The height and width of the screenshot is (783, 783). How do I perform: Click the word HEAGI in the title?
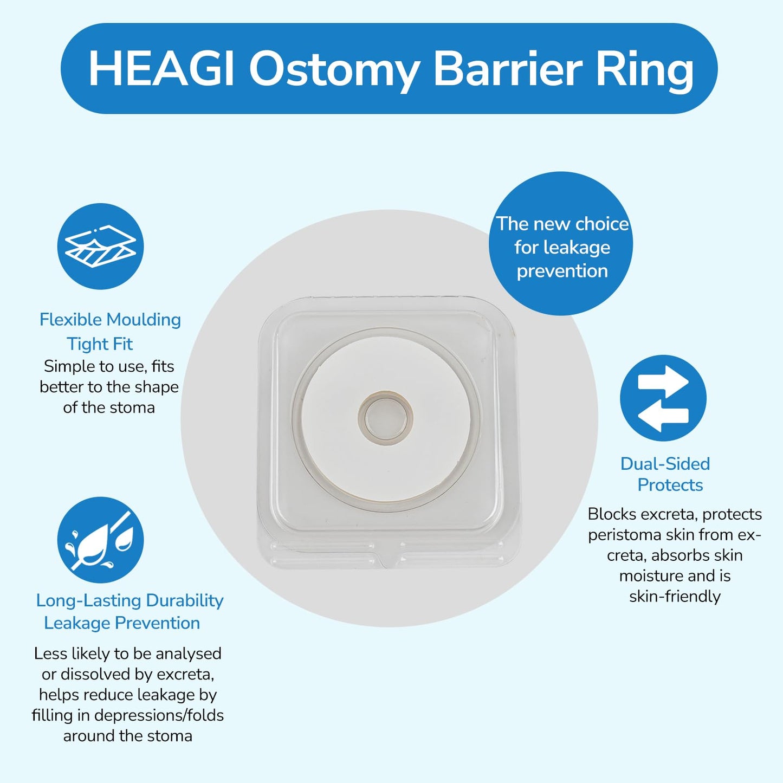(160, 69)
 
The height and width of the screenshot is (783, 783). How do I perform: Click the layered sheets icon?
(100, 247)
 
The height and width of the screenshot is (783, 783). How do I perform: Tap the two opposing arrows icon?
(663, 398)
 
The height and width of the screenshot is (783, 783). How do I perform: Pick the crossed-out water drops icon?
(100, 540)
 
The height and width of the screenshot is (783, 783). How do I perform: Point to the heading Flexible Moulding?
(110, 320)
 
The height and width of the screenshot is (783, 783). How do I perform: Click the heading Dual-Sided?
(665, 464)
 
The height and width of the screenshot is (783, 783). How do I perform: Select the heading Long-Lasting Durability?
(130, 600)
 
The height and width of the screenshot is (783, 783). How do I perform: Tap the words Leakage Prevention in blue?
(122, 623)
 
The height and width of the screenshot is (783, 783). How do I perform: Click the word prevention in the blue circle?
(562, 271)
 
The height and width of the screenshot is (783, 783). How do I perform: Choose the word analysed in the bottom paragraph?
(189, 653)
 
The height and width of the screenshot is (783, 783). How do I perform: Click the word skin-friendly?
(675, 597)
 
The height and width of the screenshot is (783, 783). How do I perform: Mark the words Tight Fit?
(100, 344)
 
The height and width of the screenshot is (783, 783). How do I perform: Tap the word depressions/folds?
(159, 715)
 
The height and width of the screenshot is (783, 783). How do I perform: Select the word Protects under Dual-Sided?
(670, 485)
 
